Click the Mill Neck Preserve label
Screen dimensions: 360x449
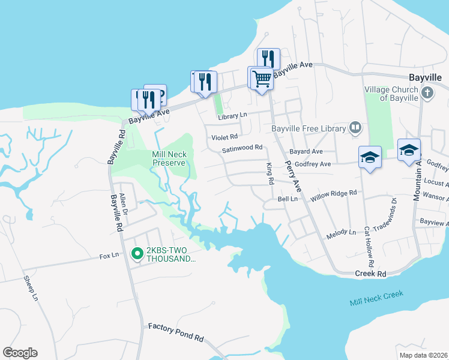(169, 158)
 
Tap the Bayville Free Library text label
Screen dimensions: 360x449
(309, 128)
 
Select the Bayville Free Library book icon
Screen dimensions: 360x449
(355, 128)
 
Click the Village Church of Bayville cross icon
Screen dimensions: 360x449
(427, 93)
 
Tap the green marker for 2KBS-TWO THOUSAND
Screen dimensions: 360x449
(136, 254)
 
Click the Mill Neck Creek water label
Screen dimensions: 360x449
(377, 298)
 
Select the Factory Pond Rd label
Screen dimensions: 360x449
(176, 331)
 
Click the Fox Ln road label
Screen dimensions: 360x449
(109, 256)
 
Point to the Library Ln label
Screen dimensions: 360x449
(232, 115)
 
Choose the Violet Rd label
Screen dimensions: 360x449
(225, 137)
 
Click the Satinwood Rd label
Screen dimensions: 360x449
(243, 148)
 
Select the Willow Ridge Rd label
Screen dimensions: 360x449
(334, 194)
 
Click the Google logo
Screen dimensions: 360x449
(20, 353)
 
